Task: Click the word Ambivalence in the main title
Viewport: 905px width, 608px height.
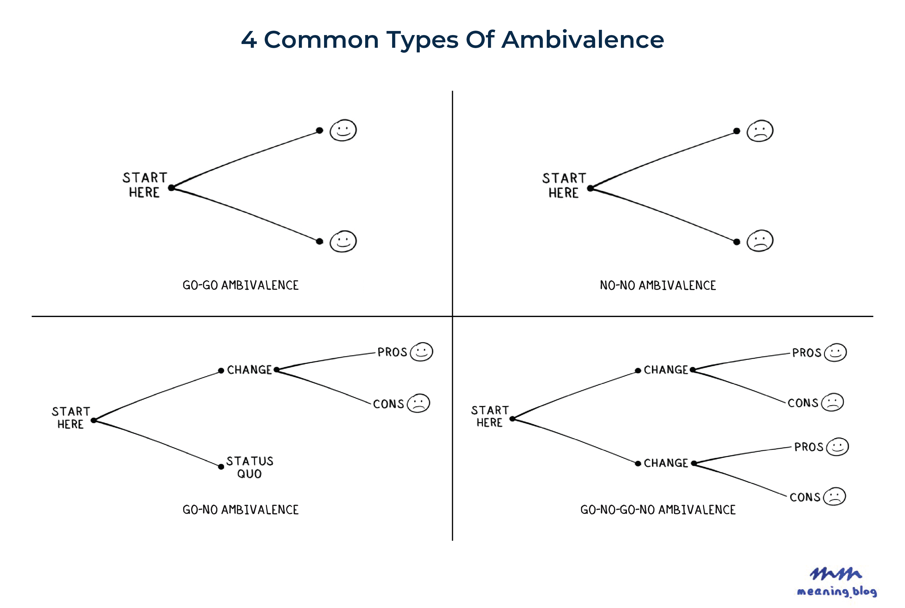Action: coord(582,40)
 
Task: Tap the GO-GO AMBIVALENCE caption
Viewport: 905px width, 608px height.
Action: coord(240,285)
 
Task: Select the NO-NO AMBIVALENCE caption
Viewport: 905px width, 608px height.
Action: coord(658,285)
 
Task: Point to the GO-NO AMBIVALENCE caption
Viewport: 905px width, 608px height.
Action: coord(240,510)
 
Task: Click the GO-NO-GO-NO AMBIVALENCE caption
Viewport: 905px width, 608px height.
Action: coord(658,510)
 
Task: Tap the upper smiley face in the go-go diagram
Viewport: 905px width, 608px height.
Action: coord(343,130)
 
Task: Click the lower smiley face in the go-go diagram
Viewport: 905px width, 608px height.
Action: coord(343,241)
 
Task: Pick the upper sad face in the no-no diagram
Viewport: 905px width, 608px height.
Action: coord(760,131)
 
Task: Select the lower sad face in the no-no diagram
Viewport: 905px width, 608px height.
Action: coord(760,241)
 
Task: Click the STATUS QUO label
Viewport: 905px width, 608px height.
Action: coord(250,467)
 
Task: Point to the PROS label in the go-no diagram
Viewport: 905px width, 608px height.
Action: coord(392,352)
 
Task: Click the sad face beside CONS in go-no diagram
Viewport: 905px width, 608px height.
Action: coord(419,403)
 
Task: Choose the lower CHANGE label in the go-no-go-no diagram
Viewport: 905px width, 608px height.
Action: coord(666,463)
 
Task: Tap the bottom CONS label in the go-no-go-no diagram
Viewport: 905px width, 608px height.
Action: coord(805,497)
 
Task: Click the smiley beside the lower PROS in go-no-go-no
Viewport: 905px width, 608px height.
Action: coord(838,447)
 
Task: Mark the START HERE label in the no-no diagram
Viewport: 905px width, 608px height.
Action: coord(564,185)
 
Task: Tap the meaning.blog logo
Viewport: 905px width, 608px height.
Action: coord(837,583)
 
